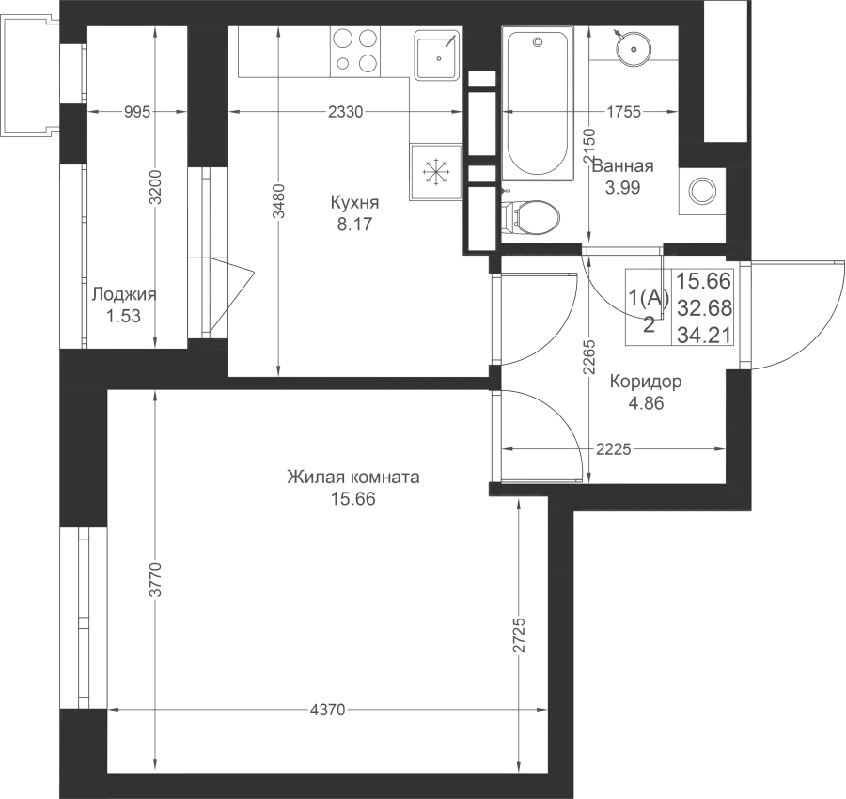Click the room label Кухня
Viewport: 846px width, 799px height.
tap(354, 203)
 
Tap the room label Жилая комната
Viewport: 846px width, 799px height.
tap(353, 478)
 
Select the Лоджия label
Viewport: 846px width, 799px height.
tap(123, 294)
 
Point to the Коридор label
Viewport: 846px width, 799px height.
tap(646, 382)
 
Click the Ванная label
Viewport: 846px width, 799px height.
tap(623, 165)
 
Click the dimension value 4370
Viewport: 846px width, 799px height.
tap(327, 710)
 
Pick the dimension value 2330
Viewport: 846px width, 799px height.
tap(346, 112)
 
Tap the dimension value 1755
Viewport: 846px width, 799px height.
tap(624, 112)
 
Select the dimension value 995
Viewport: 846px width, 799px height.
tap(137, 112)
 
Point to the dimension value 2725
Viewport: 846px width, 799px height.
tap(519, 635)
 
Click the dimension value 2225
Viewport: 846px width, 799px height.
tap(614, 449)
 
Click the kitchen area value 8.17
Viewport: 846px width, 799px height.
tap(354, 224)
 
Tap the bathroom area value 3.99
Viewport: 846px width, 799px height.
tap(622, 188)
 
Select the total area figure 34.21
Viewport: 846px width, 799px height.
tap(704, 336)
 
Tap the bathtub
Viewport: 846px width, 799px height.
tap(538, 103)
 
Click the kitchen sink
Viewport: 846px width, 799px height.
tap(437, 55)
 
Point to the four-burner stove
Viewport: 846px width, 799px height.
tap(355, 52)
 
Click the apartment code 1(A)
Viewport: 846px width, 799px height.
tap(649, 297)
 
